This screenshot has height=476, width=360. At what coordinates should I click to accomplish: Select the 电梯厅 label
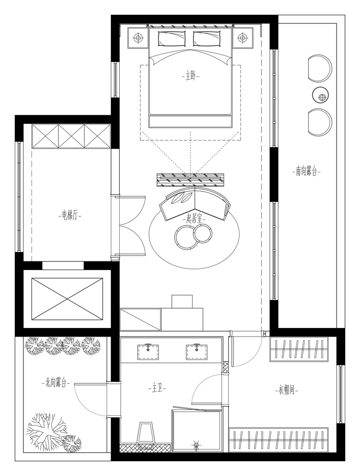pos(70,216)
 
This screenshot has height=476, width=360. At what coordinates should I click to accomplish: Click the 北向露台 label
pos(55,383)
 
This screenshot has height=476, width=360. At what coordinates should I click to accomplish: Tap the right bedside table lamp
pos(242,38)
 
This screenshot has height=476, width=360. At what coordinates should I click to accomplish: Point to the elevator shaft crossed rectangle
pos(67,298)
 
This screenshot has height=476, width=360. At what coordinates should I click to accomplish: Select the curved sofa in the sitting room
pos(195,203)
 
